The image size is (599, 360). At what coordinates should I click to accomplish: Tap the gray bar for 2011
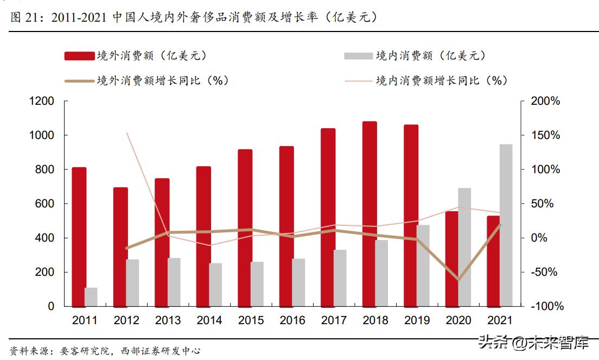(91, 296)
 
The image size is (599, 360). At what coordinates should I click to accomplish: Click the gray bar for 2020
(464, 247)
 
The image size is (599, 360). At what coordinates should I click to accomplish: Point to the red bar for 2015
(245, 228)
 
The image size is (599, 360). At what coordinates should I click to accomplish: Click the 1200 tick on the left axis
(42, 102)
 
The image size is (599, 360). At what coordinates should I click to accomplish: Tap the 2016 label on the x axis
(292, 321)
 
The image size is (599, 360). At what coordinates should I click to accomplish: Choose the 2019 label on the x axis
(417, 321)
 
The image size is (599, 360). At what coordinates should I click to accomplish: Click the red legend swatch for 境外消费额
(79, 56)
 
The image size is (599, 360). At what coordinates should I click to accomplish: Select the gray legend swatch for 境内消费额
(358, 56)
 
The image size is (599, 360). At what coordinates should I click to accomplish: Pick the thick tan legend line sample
(79, 81)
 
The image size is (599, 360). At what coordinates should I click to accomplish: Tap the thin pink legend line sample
(358, 81)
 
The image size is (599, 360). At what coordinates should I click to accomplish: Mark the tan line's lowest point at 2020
(458, 280)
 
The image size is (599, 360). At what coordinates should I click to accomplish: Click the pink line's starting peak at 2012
(126, 132)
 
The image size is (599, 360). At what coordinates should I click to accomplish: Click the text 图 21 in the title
(24, 18)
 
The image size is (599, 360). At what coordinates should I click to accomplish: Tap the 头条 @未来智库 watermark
(534, 342)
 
